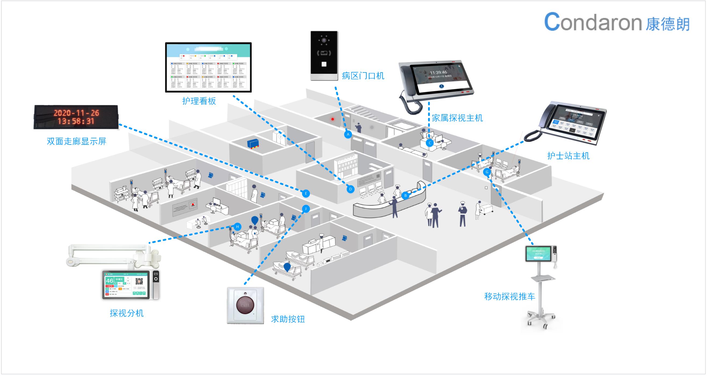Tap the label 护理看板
coord(199,101)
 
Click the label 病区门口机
coord(363,76)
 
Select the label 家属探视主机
coord(457,118)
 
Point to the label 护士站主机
coord(568,156)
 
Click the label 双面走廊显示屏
coord(76,141)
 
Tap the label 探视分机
coord(127,313)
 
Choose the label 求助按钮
coord(288,319)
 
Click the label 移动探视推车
coord(510,297)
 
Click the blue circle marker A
coord(348,135)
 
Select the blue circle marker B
coord(405,196)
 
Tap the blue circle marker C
coord(430,143)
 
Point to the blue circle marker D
coord(350,189)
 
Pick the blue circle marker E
coord(306,193)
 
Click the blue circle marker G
coord(487,172)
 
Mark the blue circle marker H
coord(237,227)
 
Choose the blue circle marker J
coord(306,209)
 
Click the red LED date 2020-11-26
coord(76,113)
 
